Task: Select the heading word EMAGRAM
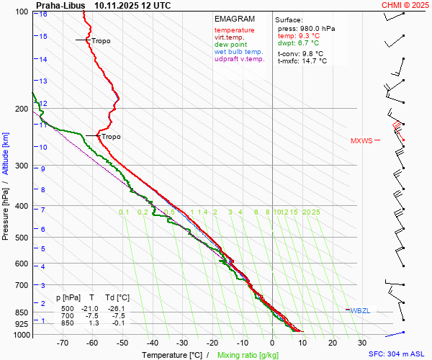pos(235,19)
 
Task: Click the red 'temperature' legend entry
pos(234,30)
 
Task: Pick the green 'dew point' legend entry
pos(230,45)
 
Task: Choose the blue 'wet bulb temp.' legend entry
pos(239,52)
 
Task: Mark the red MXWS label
pos(361,141)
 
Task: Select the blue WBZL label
pos(360,310)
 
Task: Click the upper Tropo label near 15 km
pos(101,41)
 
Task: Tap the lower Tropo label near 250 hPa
pos(111,137)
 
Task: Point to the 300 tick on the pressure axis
pos(20,166)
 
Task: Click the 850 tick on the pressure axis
pos(20,312)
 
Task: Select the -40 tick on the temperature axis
pos(152,343)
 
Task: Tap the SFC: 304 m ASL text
pos(397,354)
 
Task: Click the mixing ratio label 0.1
pos(124,212)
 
